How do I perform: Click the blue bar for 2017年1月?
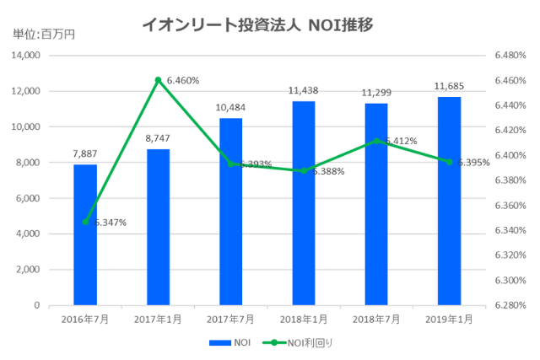(x=158, y=227)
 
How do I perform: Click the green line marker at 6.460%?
(x=158, y=80)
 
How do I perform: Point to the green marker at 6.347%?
(x=85, y=222)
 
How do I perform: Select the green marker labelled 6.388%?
(x=304, y=170)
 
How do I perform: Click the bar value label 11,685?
(x=449, y=86)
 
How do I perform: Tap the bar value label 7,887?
(x=85, y=154)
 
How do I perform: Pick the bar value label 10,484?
(x=230, y=108)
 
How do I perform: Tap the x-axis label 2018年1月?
(x=304, y=319)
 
